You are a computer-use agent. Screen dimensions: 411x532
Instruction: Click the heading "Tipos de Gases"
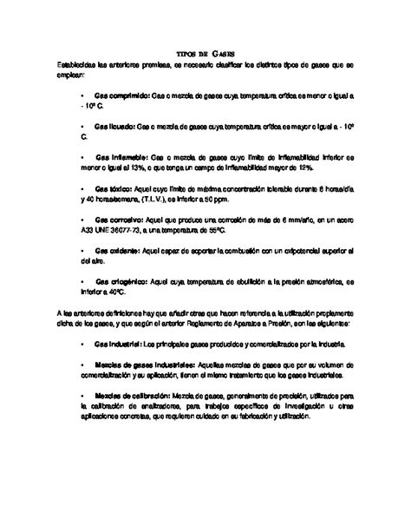point(205,53)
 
